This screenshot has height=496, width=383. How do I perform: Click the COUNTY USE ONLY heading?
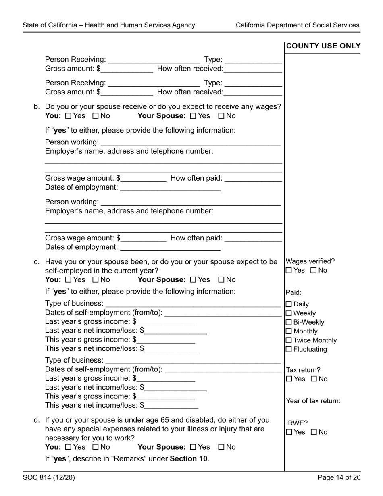[x=323, y=46]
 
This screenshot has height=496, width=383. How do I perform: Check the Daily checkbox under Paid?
[x=289, y=304]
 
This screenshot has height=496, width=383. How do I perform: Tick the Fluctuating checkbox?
[x=289, y=349]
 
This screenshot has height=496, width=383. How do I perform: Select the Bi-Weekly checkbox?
[x=289, y=322]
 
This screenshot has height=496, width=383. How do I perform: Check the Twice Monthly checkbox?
[x=289, y=340]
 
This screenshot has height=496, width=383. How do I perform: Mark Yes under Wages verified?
[x=289, y=271]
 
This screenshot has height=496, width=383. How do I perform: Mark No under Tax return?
[x=314, y=379]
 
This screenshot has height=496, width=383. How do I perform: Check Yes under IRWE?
[x=289, y=432]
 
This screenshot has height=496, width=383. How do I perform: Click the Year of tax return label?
[x=313, y=401]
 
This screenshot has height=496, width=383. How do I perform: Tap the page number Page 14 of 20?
[x=339, y=478]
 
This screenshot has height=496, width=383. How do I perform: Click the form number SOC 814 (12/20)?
[x=49, y=478]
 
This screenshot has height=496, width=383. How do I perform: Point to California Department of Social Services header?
[x=298, y=25]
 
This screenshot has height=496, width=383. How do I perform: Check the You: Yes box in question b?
[x=68, y=116]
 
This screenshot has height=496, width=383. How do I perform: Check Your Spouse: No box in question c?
[x=221, y=280]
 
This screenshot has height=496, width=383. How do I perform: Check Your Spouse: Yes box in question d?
[x=193, y=447]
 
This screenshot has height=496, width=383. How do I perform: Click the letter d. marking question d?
[x=37, y=420]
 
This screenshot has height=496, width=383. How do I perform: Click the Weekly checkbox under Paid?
[x=289, y=313]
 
